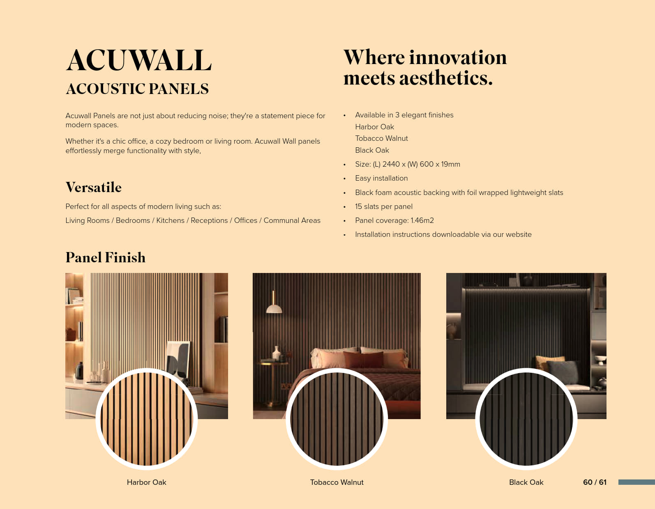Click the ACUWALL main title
coord(138,60)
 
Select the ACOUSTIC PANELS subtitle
coord(137,89)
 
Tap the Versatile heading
coord(93,187)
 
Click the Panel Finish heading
coord(106,257)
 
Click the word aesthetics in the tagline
coord(446,78)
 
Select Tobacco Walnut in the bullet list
coord(381,138)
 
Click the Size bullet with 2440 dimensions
coord(408,164)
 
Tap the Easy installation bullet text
coord(381,178)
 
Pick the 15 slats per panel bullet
coord(384,206)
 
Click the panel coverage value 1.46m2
coord(422,220)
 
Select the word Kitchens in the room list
coord(170,220)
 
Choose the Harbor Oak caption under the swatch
coord(147,482)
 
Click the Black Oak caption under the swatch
coord(526,482)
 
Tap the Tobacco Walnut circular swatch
coord(337,419)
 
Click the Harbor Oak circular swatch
coord(147,419)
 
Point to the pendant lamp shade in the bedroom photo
coord(274,309)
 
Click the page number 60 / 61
coord(595,482)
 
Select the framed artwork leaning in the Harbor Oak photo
coord(178,359)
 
